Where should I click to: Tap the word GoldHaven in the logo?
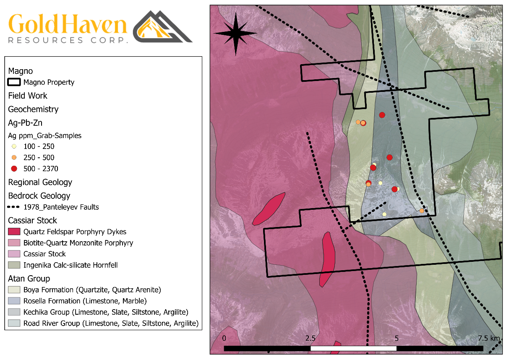(68, 25)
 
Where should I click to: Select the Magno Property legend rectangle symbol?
(14, 82)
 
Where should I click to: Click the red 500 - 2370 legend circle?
(14, 169)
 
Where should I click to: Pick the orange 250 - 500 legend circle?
(14, 158)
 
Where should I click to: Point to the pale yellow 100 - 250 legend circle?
(14, 146)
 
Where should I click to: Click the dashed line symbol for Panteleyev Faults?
(14, 207)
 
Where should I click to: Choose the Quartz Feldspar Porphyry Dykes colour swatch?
(14, 232)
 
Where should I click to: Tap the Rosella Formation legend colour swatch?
(14, 301)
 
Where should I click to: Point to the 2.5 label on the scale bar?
(310, 338)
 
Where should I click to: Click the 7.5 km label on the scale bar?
(489, 338)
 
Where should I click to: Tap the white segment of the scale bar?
(353, 348)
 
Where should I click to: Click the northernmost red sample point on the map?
(382, 115)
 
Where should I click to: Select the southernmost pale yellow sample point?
(384, 214)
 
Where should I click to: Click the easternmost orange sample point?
(422, 211)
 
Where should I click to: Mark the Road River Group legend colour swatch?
(14, 323)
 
